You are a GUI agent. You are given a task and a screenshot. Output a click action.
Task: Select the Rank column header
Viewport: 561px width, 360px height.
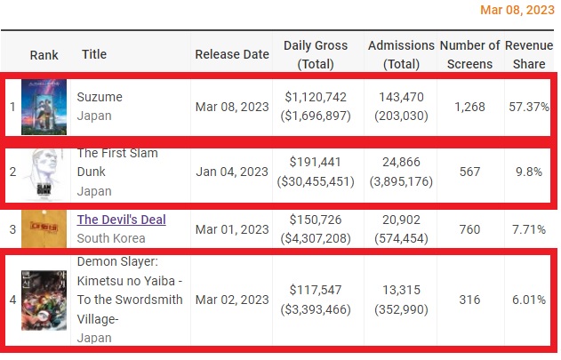(44, 54)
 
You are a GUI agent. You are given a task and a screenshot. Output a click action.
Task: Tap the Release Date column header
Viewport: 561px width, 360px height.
(231, 54)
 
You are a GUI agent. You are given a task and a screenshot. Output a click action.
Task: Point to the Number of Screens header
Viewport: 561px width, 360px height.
(469, 54)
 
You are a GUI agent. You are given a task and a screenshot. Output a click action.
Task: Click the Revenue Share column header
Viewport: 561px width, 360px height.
(528, 54)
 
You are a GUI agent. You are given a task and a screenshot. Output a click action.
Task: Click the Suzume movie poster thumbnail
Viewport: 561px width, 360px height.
(44, 107)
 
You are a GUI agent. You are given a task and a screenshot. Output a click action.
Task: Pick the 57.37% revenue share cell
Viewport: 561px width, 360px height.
(527, 107)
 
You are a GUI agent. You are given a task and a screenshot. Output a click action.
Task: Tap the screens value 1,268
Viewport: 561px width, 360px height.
(469, 107)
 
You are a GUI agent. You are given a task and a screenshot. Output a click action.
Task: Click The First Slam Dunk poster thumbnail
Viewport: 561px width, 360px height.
(44, 172)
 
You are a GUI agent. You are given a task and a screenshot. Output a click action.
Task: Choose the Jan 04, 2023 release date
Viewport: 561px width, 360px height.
(231, 172)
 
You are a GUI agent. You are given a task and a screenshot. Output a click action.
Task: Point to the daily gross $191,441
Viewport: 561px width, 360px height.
(316, 163)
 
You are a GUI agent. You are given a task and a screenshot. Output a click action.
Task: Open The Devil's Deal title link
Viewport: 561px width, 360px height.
(121, 220)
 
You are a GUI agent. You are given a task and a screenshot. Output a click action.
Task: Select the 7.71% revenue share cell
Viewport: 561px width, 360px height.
(527, 229)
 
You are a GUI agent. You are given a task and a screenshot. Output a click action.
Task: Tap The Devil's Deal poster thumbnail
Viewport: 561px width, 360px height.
(44, 229)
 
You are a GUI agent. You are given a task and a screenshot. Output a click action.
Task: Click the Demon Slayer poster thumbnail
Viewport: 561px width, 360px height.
(44, 300)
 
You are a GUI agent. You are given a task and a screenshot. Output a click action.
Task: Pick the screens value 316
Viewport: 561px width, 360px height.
(469, 300)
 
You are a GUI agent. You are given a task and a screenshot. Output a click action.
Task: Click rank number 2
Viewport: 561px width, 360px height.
(12, 172)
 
